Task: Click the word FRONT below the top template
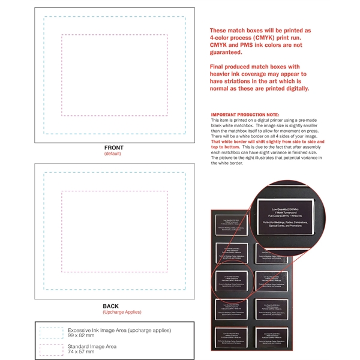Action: click(x=113, y=148)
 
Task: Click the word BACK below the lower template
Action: click(x=110, y=306)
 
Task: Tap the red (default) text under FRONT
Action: click(x=113, y=154)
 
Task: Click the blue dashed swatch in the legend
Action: click(x=50, y=332)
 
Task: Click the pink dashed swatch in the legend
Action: click(x=50, y=349)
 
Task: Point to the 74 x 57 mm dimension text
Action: click(x=81, y=352)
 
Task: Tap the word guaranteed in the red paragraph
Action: click(x=230, y=52)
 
